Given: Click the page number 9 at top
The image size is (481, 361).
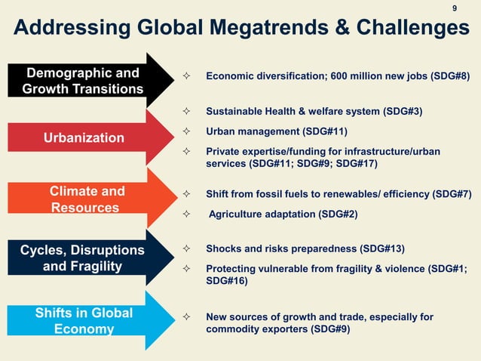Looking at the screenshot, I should pyautogui.click(x=455, y=8).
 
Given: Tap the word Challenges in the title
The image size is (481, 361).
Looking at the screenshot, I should pyautogui.click(x=404, y=29).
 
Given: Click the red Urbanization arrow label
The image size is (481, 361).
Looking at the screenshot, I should pyautogui.click(x=84, y=137).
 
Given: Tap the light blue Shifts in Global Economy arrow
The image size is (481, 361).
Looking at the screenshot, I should pyautogui.click(x=84, y=321).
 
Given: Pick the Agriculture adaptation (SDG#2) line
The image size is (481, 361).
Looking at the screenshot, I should pyautogui.click(x=283, y=214).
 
